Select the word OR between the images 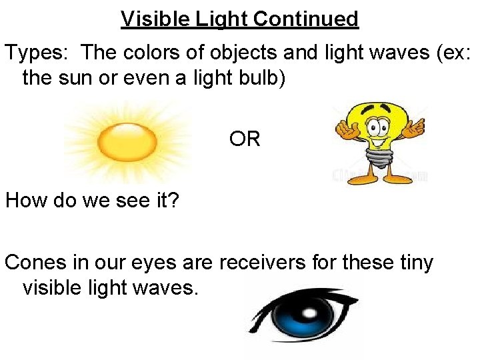coord(245,139)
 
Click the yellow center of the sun coord(127,141)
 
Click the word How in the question coord(25,201)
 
